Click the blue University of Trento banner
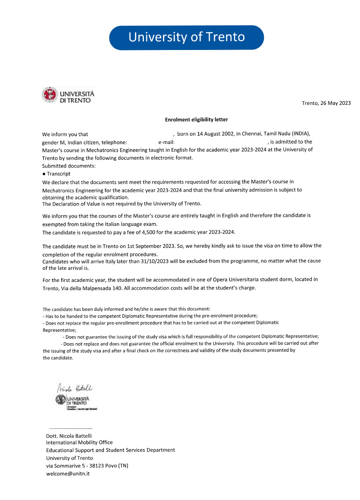coord(186,37)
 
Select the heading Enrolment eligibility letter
coord(200,119)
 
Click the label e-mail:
coord(166,142)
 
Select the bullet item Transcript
coord(59,174)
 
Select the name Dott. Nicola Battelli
coord(69,436)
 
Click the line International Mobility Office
coord(79,443)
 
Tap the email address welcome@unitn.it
coord(68,474)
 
